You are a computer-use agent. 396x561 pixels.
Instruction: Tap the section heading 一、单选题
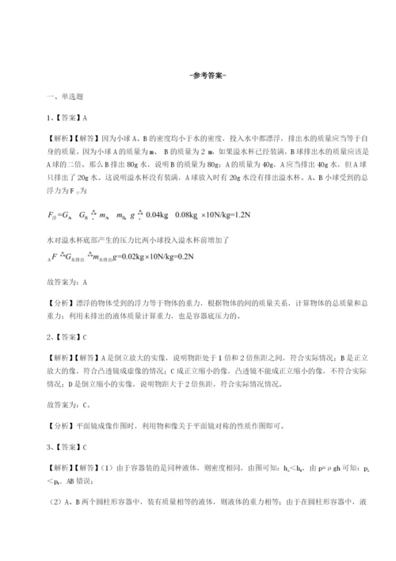[63, 97]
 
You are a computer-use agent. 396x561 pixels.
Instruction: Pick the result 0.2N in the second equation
[218, 258]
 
